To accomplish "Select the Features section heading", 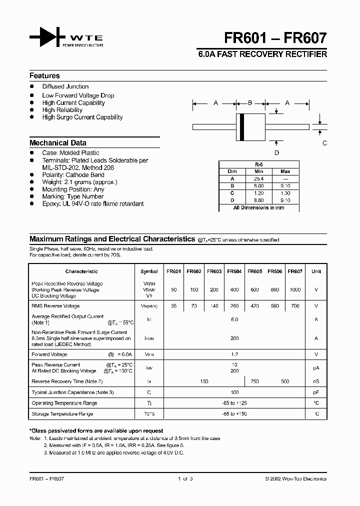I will point(44,76).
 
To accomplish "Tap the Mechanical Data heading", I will point(57,143).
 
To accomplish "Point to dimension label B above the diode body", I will point(250,103).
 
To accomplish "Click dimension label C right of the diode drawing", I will point(324,143).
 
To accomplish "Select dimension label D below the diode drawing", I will point(276,153).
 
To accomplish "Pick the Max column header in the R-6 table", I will point(285,171).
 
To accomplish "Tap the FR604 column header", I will point(234,271).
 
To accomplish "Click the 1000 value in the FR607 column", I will point(295,290).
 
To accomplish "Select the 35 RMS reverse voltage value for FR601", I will point(173,306).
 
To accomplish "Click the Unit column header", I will point(316,271).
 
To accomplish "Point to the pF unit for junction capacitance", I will point(316,392).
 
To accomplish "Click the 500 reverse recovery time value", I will point(285,381).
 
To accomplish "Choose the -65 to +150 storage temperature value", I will point(234,414).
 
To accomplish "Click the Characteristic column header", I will point(81,271).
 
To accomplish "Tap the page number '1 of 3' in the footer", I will point(185,479).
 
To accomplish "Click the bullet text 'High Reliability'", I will point(62,110).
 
